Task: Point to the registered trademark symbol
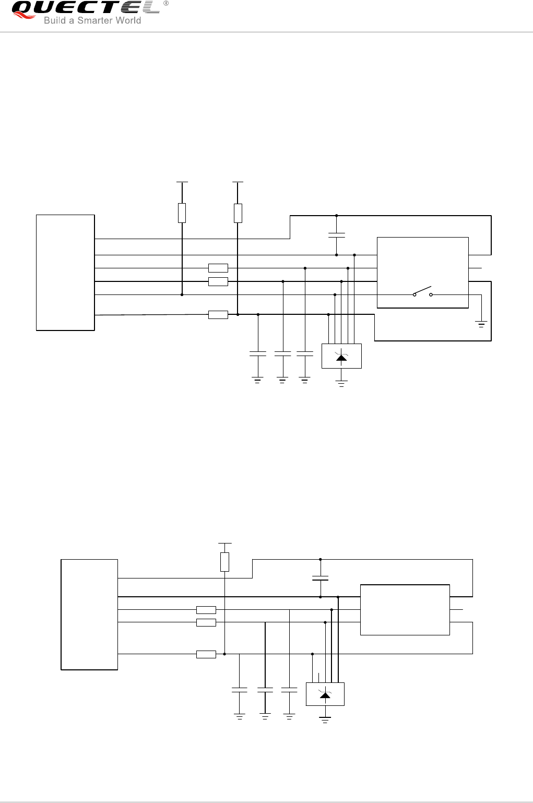(166, 3)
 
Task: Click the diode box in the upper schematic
(341, 356)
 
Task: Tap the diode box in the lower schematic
(325, 694)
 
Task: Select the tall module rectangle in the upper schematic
(65, 272)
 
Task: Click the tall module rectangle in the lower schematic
(89, 614)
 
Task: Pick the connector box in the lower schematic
(405, 610)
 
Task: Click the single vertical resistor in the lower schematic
(224, 562)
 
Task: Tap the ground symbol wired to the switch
(481, 324)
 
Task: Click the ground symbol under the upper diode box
(341, 384)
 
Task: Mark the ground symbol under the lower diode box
(325, 721)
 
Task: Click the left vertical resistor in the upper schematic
(182, 213)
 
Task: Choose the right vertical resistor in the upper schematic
(238, 213)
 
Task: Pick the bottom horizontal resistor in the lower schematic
(206, 654)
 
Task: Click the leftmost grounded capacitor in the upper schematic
(258, 354)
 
